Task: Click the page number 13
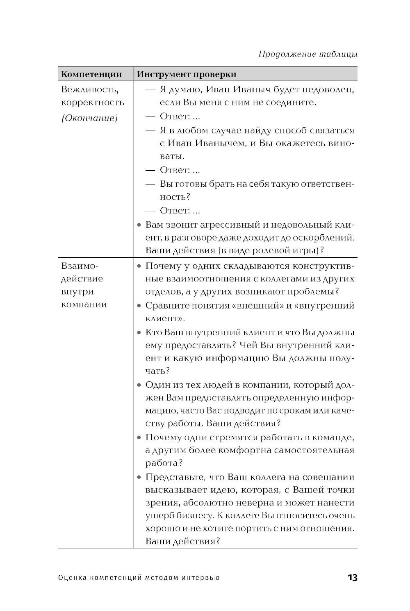pyautogui.click(x=352, y=578)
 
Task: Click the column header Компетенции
pyautogui.click(x=91, y=74)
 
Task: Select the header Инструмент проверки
pyautogui.click(x=187, y=74)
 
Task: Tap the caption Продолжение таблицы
pyautogui.click(x=308, y=54)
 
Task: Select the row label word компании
pyautogui.click(x=84, y=304)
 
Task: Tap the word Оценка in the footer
pyautogui.click(x=72, y=578)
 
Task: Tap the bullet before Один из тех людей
pyautogui.click(x=139, y=385)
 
